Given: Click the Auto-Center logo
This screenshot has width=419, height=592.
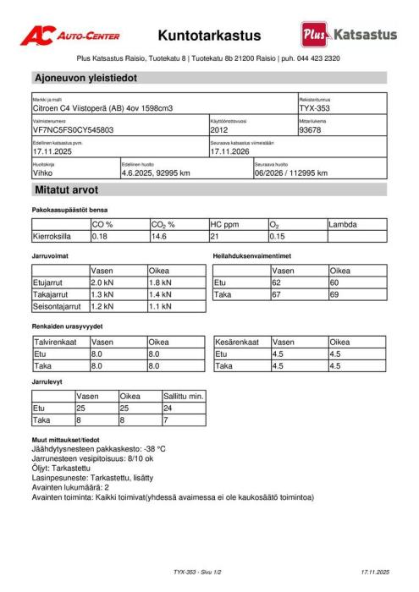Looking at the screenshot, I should click(x=70, y=36).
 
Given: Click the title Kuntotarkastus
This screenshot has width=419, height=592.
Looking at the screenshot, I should click(x=209, y=36).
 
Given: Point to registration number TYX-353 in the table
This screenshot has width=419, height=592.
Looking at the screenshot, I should click(x=316, y=109).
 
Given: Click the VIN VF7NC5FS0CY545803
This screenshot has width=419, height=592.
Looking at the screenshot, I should click(x=73, y=131).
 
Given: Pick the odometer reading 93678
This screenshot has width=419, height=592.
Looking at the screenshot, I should click(x=311, y=131).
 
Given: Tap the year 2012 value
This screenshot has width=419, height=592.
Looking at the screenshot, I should click(x=220, y=131).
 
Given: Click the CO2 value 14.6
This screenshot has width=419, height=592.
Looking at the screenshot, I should click(x=159, y=237).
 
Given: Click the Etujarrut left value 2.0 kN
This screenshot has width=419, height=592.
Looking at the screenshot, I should click(x=102, y=282).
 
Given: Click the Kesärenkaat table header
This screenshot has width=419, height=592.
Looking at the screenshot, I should click(x=237, y=343).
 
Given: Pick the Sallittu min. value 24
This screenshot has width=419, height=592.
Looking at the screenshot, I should click(x=168, y=408).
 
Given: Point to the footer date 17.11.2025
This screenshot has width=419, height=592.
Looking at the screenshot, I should click(x=374, y=573).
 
